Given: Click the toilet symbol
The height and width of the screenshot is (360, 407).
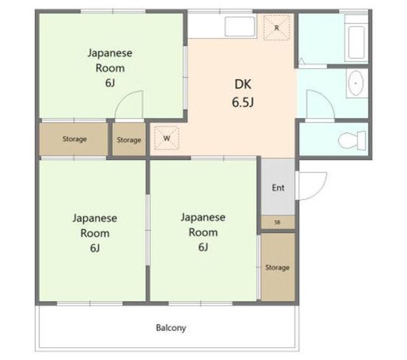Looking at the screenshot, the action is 352,141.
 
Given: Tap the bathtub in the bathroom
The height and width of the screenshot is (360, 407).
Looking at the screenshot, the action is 356,38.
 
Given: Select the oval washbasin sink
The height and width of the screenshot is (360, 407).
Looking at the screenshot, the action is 355,83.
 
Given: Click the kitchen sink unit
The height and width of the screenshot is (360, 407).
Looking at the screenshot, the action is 240,27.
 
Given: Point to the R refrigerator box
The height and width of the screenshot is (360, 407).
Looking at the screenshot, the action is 277,27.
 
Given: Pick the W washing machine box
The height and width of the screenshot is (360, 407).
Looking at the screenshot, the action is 167,138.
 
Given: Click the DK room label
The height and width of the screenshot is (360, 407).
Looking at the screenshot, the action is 243,85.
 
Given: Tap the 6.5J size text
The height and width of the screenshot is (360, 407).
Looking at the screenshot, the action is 243,102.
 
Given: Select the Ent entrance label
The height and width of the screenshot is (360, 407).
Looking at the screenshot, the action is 278,188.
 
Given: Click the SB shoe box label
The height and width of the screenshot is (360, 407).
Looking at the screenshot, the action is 277,223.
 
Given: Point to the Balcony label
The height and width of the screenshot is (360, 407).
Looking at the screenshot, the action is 171,328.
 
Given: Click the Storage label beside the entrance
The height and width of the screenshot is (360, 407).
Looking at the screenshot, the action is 277,267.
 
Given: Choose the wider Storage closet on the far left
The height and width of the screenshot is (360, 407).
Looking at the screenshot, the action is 74,139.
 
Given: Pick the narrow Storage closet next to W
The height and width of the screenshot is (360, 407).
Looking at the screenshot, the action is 129,139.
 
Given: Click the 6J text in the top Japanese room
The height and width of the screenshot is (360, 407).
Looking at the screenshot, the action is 110,83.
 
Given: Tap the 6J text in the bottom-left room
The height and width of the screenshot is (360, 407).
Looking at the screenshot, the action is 95,248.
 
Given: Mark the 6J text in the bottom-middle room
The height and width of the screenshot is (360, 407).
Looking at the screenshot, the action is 203,247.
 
